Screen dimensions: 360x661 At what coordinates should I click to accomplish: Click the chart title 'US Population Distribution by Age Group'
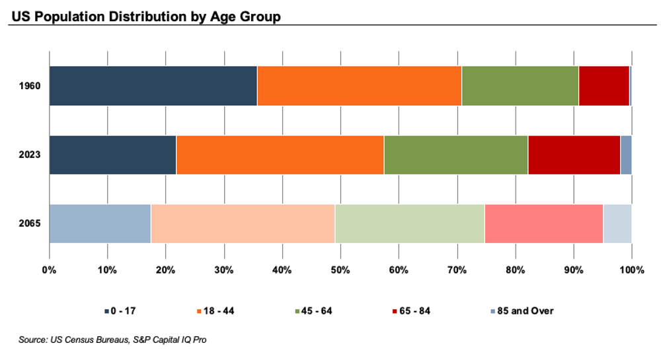pos(145,16)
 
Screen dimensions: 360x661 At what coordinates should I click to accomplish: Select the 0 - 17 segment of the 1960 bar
pos(153,86)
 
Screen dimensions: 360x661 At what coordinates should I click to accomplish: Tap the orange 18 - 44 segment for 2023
pos(280,155)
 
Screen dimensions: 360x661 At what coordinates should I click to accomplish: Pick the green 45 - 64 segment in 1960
pos(520,86)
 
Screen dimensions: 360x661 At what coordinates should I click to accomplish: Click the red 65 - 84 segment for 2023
pos(574,155)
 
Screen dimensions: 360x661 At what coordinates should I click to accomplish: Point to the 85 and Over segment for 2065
pos(617,223)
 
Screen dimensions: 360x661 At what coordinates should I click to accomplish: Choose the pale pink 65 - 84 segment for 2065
pos(543,223)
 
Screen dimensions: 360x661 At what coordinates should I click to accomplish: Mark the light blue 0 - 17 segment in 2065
pos(100,223)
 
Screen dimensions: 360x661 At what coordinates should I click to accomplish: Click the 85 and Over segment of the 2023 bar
pos(626,155)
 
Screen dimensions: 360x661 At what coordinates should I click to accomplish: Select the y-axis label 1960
pos(30,86)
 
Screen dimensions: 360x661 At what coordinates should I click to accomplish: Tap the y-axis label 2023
pos(30,155)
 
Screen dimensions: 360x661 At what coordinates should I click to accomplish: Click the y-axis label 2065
pos(30,223)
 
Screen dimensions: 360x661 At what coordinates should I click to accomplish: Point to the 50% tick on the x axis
pos(340,270)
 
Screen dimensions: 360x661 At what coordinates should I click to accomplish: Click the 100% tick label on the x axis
pos(631,270)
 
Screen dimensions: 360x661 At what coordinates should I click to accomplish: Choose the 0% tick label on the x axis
pos(50,270)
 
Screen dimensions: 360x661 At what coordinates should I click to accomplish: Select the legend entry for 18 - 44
pos(221,310)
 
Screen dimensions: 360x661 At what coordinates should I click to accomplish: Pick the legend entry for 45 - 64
pos(315,310)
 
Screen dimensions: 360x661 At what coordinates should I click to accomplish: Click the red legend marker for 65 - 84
pos(395,311)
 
